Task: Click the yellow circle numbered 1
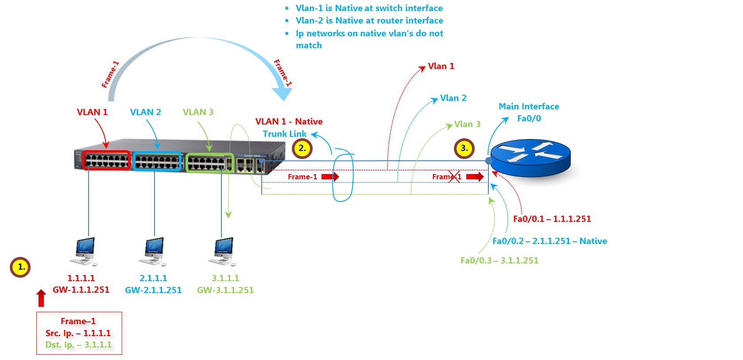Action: click(20, 267)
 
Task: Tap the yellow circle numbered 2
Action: click(302, 148)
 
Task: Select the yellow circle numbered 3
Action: click(464, 148)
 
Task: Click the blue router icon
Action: click(530, 158)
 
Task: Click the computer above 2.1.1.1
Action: click(154, 251)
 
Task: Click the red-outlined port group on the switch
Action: click(107, 160)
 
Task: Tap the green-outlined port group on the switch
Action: click(209, 163)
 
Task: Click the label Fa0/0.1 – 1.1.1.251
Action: click(552, 219)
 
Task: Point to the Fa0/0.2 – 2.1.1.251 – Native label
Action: click(550, 241)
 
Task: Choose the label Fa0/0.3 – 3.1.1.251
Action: click(499, 260)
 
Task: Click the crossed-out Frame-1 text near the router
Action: click(447, 177)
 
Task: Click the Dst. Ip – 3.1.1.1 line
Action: click(78, 345)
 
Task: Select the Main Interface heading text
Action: click(529, 106)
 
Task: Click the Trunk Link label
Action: click(284, 134)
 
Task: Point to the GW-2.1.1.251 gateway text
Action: click(153, 290)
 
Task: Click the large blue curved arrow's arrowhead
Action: click(282, 93)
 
